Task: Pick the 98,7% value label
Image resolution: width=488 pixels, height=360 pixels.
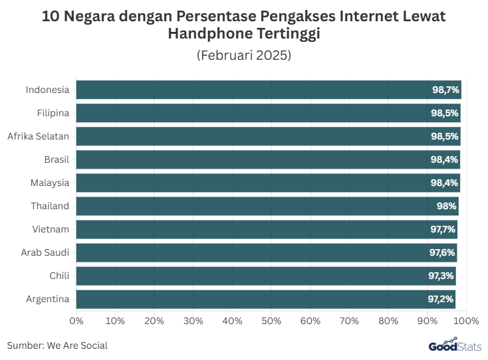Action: tap(445, 90)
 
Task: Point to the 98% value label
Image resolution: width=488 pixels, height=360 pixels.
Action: tap(446, 207)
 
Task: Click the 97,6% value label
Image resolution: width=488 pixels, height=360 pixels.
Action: tap(442, 253)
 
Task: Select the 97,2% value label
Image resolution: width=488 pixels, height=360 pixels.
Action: tap(441, 300)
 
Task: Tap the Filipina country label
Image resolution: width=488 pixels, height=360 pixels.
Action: tap(53, 113)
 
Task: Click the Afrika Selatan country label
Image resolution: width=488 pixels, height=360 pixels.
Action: tap(39, 136)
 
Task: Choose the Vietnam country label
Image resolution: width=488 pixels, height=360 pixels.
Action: tap(51, 229)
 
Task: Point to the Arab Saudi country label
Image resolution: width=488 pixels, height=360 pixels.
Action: tap(45, 252)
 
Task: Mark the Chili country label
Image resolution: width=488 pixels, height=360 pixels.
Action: tap(59, 276)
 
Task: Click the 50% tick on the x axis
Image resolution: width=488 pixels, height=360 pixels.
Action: tap(271, 321)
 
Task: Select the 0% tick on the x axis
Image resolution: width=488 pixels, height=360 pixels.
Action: tap(76, 321)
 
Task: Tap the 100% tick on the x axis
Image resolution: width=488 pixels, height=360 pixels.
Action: tap(466, 321)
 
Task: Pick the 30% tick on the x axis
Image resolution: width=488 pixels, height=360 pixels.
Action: tap(193, 321)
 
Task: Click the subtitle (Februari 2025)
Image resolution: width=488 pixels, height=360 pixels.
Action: tap(244, 55)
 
